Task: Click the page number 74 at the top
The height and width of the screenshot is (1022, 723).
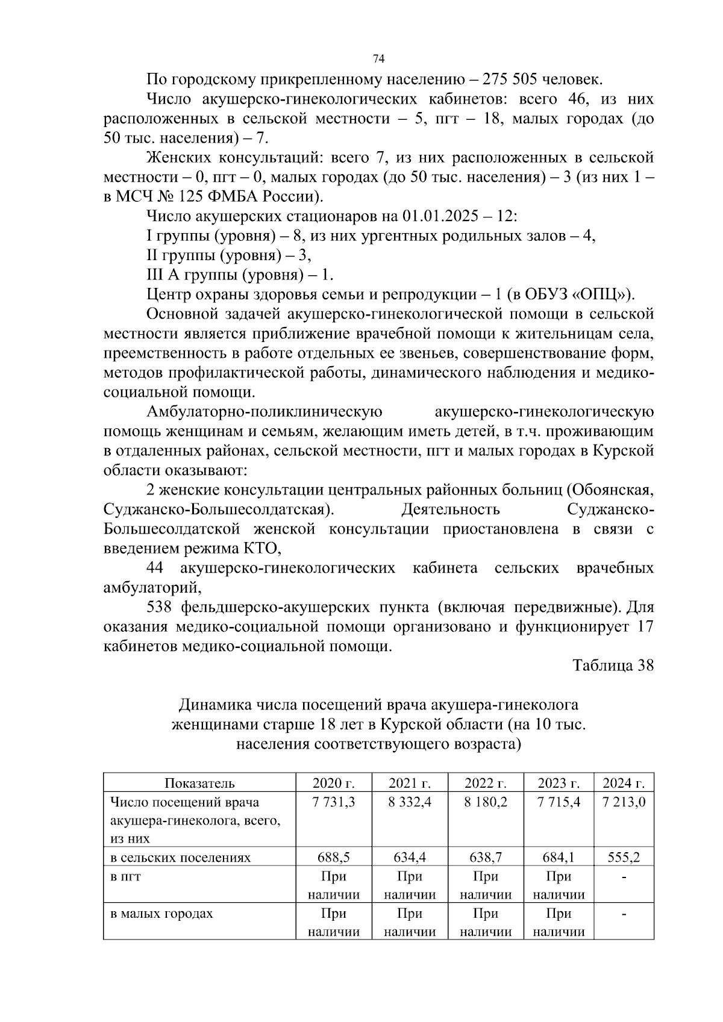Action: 378,58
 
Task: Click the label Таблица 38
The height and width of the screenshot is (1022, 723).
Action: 613,665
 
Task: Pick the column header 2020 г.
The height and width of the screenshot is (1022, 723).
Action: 333,783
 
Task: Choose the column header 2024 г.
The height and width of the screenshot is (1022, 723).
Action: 624,783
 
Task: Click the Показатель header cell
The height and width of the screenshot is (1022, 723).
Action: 199,783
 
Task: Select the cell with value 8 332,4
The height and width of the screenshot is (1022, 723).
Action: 410,802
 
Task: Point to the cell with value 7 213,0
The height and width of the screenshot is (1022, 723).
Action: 624,802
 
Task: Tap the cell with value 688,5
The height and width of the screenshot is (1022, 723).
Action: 333,858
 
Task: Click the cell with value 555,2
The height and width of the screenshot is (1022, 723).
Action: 624,858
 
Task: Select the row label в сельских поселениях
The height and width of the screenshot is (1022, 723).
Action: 180,858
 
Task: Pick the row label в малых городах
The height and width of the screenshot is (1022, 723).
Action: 161,914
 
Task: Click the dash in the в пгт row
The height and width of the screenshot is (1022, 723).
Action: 624,877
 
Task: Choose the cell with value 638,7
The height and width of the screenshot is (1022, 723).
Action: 485,858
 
